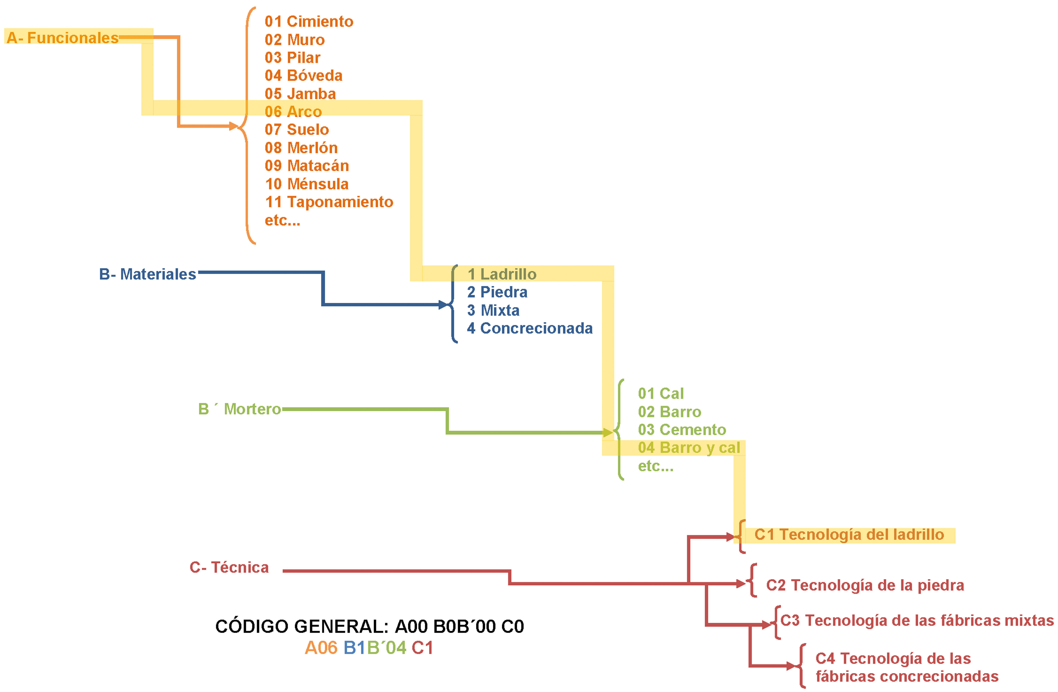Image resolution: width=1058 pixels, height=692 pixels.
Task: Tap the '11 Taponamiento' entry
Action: pos(329,202)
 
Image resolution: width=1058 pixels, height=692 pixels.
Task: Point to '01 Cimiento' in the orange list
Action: pos(309,21)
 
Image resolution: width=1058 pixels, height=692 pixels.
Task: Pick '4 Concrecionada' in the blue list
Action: pos(530,328)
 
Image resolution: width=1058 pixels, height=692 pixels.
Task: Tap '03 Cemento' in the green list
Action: pos(682,430)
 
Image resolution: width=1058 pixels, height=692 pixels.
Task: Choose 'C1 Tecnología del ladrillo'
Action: pos(849,535)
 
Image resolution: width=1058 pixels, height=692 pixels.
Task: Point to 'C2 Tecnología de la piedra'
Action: pos(865,585)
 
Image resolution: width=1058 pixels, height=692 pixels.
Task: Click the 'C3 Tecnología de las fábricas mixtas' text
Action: pos(917,620)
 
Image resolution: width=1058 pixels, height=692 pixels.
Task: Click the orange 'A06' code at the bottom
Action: pos(321,648)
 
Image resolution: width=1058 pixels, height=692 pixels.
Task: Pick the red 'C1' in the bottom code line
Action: pos(422,648)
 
